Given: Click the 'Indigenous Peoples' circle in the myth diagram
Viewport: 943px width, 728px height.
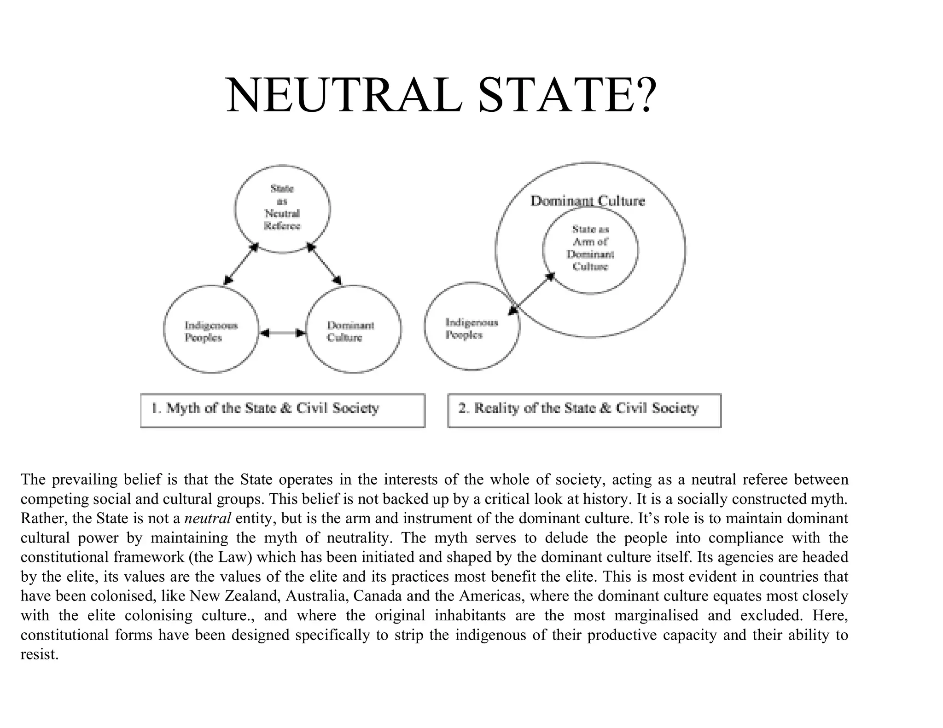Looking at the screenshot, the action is tap(211, 329).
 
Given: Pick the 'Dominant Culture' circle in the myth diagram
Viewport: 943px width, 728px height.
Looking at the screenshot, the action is tap(353, 329).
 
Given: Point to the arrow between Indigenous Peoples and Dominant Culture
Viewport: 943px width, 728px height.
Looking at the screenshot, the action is tap(282, 332).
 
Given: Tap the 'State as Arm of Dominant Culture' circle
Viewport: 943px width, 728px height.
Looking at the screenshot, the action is tap(590, 249).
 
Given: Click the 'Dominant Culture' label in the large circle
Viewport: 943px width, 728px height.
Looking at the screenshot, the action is tap(588, 201).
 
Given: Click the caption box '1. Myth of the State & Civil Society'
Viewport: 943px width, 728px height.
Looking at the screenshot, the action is tap(282, 410).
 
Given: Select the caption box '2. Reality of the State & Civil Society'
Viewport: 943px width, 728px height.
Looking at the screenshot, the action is tap(584, 410).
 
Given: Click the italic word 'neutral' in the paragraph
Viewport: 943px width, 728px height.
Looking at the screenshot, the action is tap(207, 519).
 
